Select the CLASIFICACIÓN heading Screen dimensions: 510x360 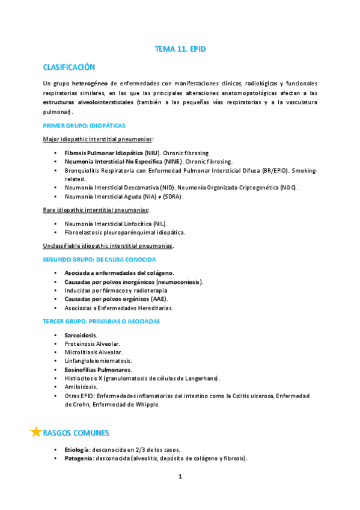click(69, 67)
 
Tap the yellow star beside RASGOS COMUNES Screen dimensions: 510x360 click(36, 432)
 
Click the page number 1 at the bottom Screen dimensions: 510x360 click(180, 477)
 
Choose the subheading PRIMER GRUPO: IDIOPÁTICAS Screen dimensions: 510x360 click(84, 126)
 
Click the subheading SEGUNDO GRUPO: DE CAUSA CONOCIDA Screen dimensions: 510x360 click(100, 259)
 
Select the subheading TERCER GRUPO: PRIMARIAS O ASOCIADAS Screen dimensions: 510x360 click(102, 321)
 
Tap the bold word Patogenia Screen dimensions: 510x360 click(79, 458)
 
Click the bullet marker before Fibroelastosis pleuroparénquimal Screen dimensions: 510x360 click(55, 232)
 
